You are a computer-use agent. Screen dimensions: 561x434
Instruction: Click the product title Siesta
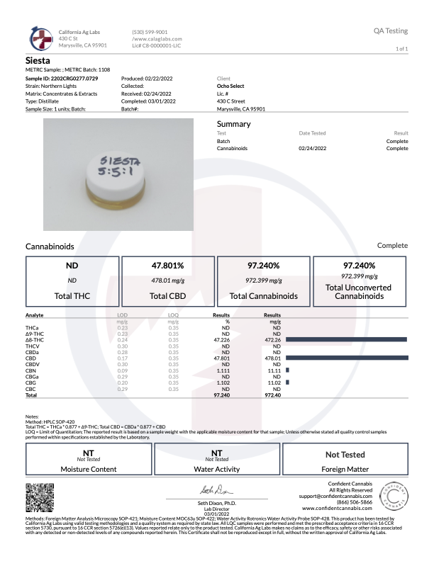tap(38, 60)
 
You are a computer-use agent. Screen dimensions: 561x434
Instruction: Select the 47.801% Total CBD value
tap(168, 266)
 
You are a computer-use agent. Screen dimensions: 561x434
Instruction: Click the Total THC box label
tap(72, 295)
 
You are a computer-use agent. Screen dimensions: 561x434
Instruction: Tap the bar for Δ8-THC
tap(346, 340)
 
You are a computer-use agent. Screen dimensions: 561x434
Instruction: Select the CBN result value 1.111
tap(225, 369)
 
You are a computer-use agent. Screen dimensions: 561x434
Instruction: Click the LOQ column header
tap(173, 314)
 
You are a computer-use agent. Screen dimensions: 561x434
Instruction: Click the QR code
tap(40, 497)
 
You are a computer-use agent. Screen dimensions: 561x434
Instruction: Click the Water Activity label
tap(216, 469)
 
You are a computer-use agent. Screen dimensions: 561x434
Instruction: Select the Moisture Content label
tap(89, 469)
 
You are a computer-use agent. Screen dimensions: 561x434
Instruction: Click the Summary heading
tap(233, 124)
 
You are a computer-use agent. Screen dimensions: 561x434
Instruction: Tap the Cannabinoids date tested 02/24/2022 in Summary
tap(313, 149)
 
